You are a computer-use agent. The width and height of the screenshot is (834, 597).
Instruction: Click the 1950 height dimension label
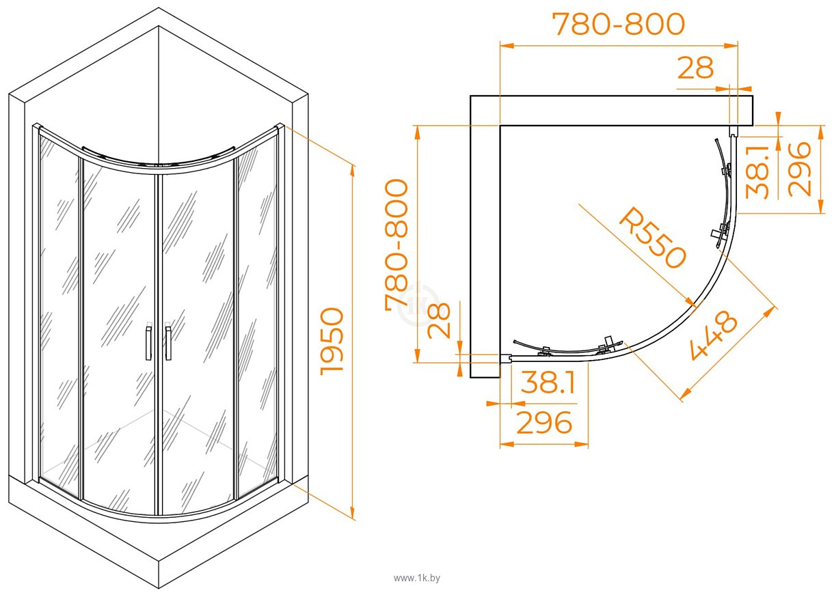pos(332,342)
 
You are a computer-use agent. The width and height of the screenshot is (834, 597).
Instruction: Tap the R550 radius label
pos(653,238)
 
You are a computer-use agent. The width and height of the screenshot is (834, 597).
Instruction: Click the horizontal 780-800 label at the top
pos(618,24)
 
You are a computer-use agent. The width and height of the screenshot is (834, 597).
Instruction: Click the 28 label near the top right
pos(695,68)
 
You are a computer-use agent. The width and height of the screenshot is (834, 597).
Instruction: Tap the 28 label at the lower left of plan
pos(440,320)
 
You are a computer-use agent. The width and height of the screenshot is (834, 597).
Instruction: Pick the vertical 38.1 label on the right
pos(758,172)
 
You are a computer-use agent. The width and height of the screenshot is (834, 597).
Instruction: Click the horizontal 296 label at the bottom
pos(544,422)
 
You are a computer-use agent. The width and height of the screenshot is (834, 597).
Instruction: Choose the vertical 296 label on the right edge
pos(799,169)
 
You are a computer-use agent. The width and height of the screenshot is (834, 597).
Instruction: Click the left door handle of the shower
pos(148,343)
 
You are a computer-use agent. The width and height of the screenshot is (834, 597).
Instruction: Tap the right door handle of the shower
pos(168,343)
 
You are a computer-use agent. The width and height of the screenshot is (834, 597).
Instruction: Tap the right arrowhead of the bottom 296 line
pos(581,444)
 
